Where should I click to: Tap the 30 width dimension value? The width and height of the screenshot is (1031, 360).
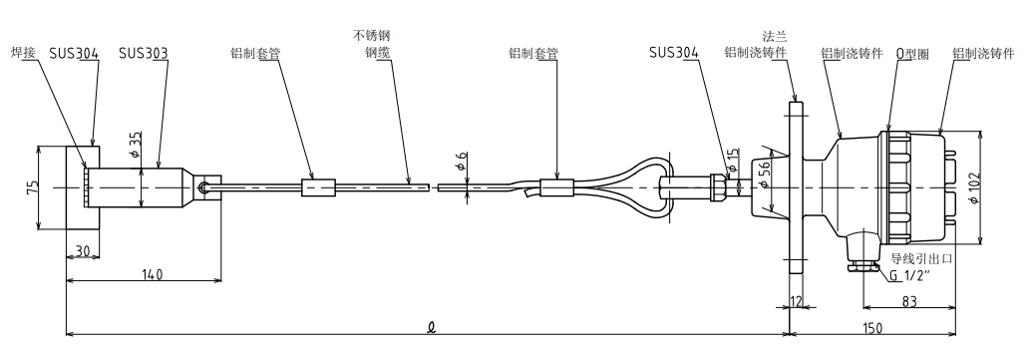pyautogui.click(x=82, y=250)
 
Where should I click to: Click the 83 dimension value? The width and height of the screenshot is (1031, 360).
pyautogui.click(x=908, y=301)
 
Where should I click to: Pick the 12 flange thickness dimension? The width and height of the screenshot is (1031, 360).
pyautogui.click(x=797, y=301)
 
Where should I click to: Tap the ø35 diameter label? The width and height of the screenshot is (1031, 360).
pyautogui.click(x=136, y=145)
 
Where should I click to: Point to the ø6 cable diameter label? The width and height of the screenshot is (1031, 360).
pyautogui.click(x=462, y=161)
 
